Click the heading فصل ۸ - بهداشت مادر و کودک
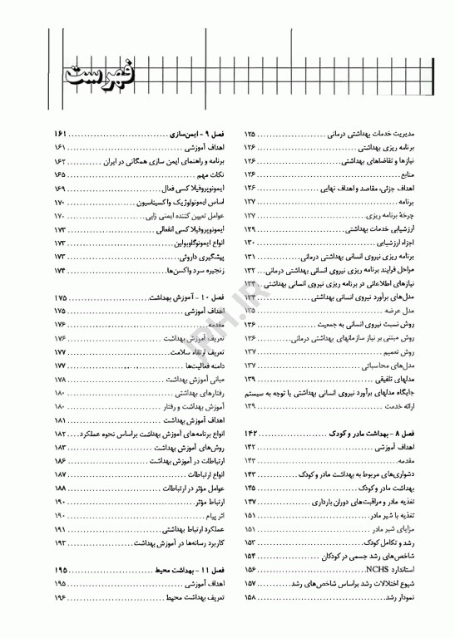[365, 434]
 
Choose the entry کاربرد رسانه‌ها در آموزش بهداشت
[171, 542]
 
